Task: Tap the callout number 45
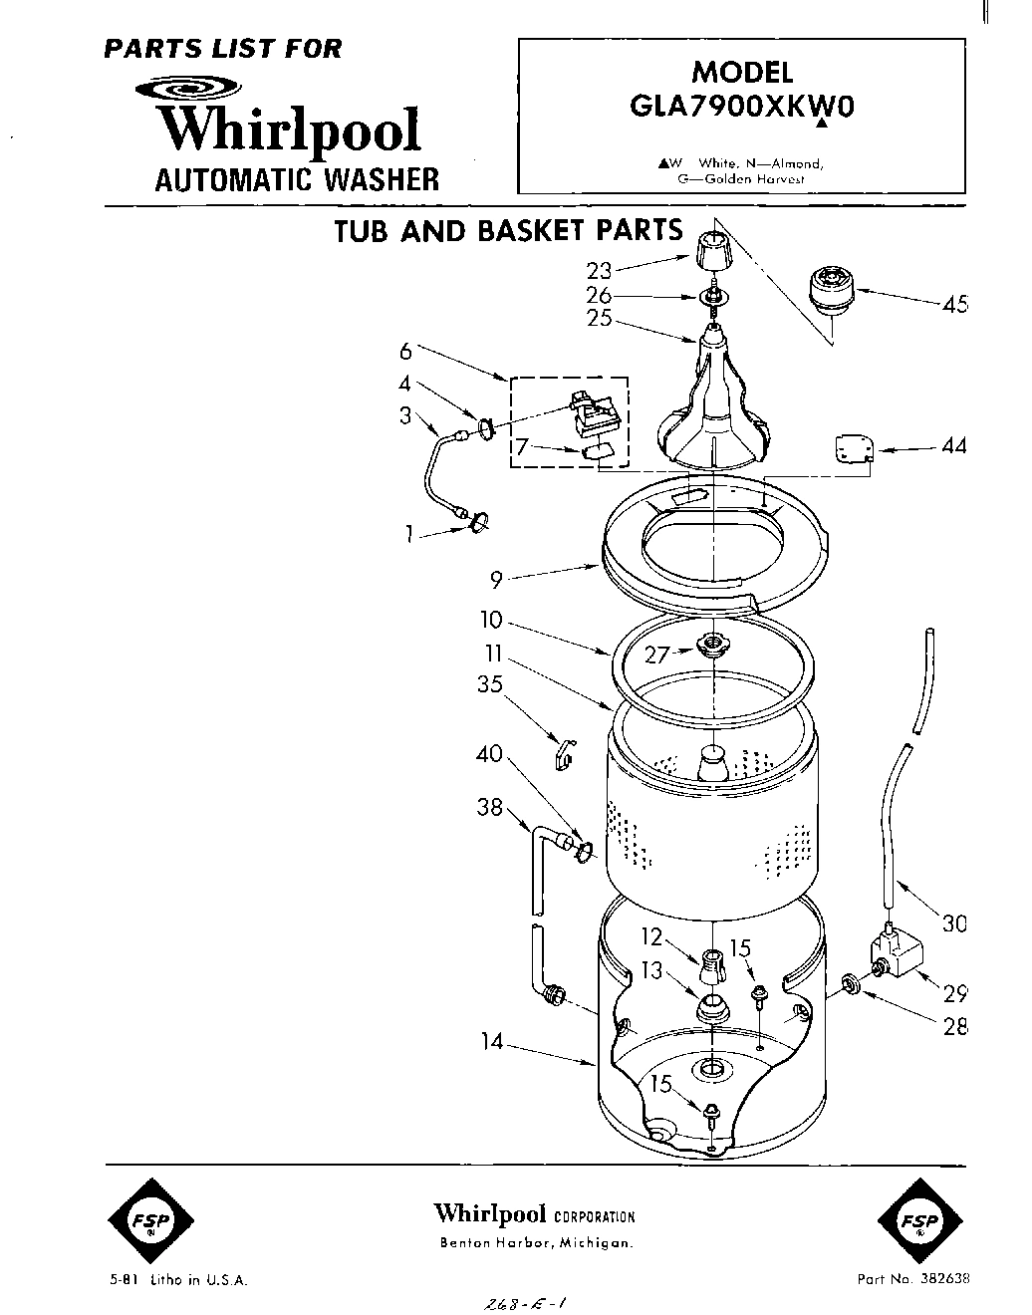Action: point(954,304)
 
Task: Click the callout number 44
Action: point(953,447)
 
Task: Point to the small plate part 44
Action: point(854,449)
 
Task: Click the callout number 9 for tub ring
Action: point(495,580)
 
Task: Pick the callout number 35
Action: point(489,685)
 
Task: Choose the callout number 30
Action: point(954,923)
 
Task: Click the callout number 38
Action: point(489,808)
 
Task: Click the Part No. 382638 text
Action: point(912,1279)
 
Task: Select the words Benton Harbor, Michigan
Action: point(536,1242)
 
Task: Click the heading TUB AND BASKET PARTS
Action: point(508,231)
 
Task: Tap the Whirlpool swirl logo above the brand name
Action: point(184,91)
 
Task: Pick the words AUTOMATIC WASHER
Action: point(296,179)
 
